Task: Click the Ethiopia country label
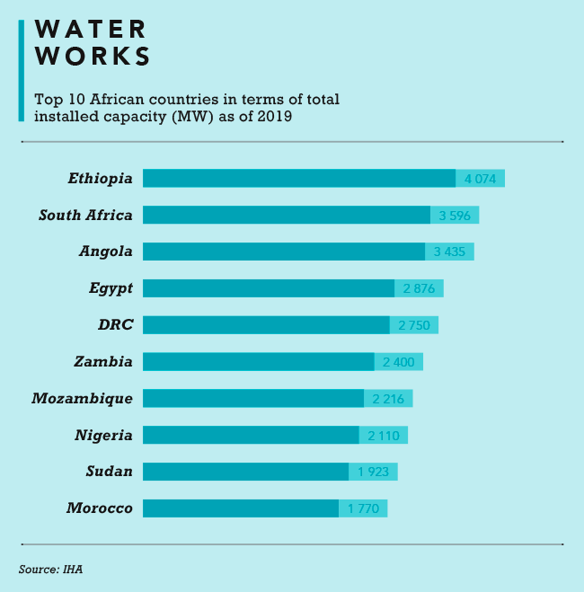(x=101, y=178)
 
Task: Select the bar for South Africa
(x=286, y=215)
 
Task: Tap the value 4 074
(x=481, y=178)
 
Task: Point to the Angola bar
(x=283, y=252)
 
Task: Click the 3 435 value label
(x=449, y=252)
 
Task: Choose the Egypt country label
(x=111, y=288)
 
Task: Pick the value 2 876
(x=419, y=288)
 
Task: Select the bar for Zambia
(x=258, y=361)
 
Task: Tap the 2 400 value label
(x=398, y=361)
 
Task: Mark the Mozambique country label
(x=82, y=398)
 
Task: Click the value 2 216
(x=388, y=398)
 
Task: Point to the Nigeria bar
(x=251, y=435)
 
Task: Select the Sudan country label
(x=111, y=472)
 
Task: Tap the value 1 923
(x=373, y=472)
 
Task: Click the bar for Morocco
(x=240, y=508)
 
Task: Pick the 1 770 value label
(x=363, y=508)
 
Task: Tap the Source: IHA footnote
(x=51, y=569)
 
